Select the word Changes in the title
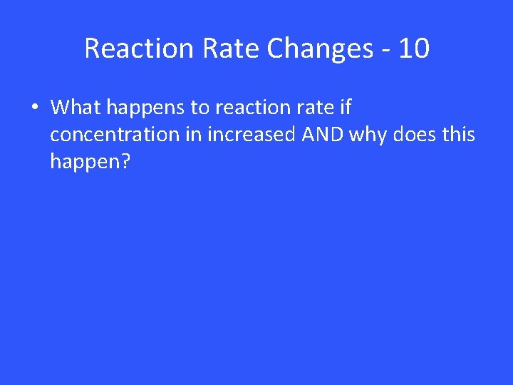(319, 48)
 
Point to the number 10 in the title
(414, 48)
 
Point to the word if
(346, 108)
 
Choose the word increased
(252, 135)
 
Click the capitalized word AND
(323, 135)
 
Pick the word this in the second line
(457, 135)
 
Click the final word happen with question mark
(90, 163)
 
